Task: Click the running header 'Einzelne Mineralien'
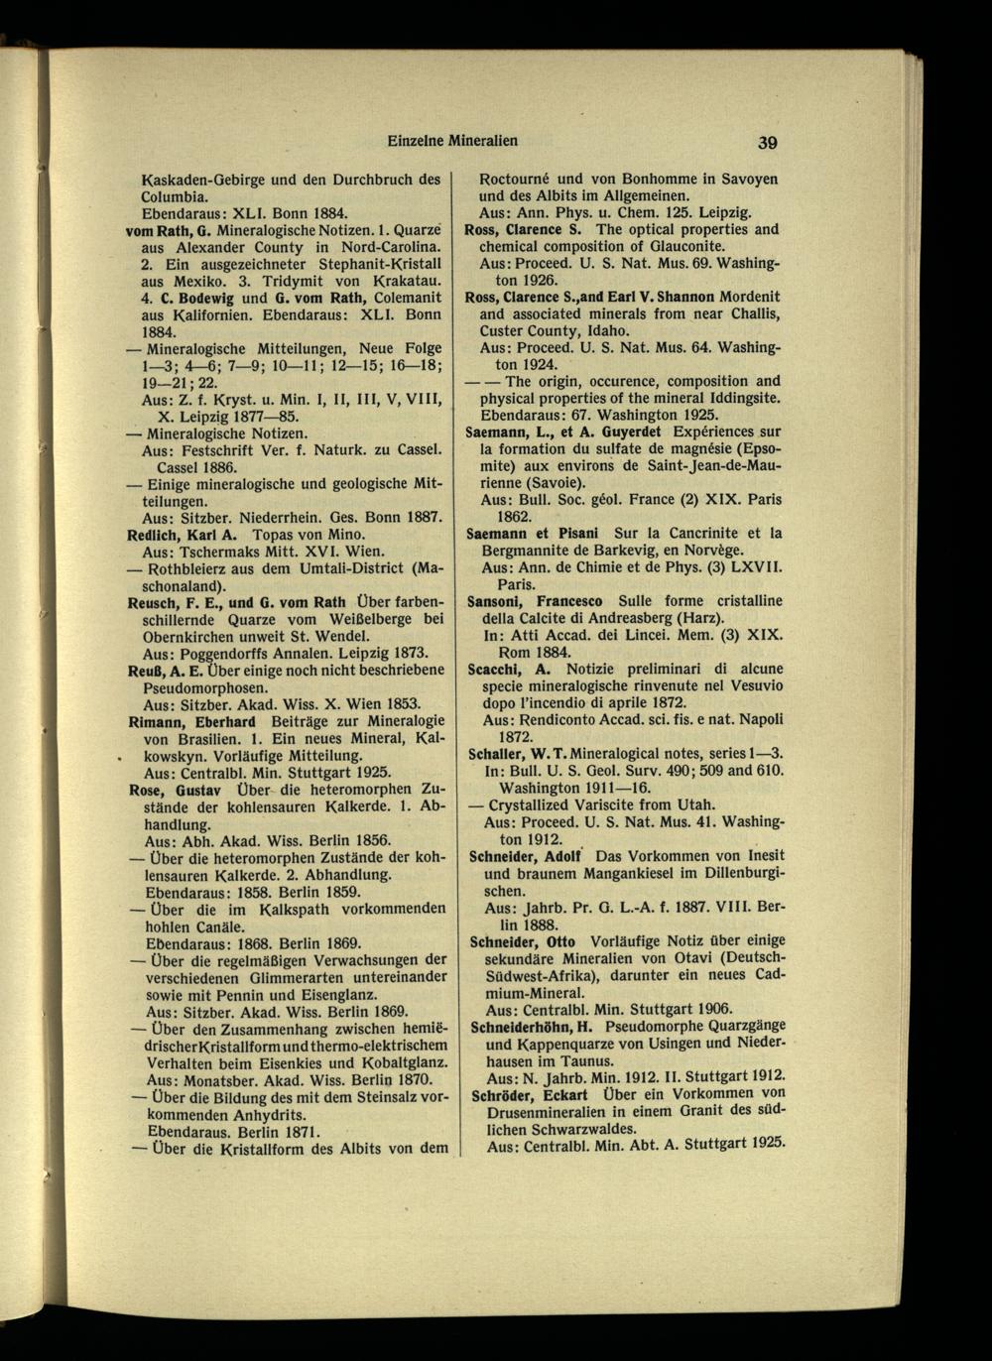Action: click(452, 140)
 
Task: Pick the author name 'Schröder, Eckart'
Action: click(527, 1093)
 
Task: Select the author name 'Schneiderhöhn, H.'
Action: click(531, 1026)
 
